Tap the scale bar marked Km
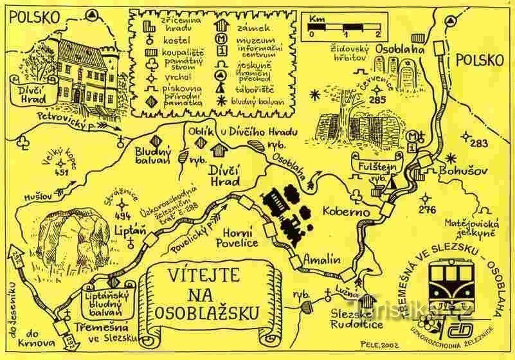coord(344,28)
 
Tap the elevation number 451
coord(62,172)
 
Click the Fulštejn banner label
coord(371,165)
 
